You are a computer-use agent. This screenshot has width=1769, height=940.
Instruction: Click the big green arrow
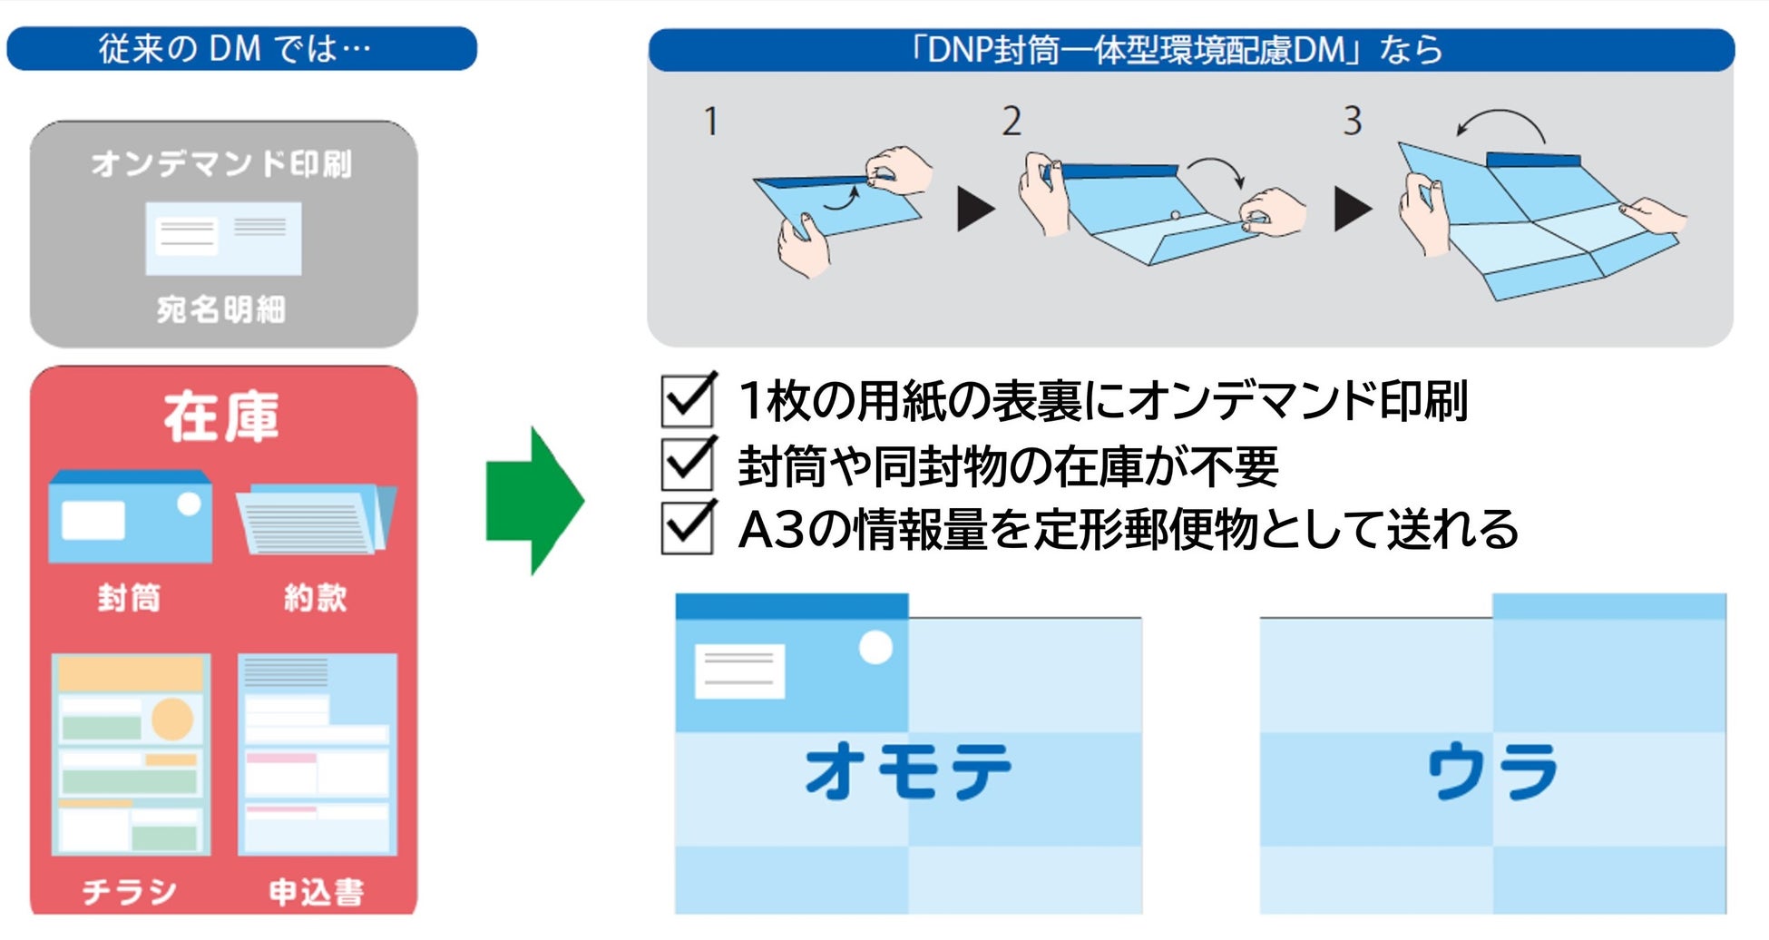(533, 501)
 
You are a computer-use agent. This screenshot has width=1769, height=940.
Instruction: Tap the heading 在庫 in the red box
(222, 417)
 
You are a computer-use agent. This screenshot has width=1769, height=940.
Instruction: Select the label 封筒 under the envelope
(130, 598)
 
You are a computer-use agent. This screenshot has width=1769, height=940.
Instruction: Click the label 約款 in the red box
(316, 598)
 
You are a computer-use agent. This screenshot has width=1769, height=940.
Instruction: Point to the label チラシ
(130, 892)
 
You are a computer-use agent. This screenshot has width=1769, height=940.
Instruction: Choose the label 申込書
(317, 892)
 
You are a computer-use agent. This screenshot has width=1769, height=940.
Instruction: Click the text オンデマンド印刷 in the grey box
(221, 164)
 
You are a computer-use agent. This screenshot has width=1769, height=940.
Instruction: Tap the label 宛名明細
(221, 309)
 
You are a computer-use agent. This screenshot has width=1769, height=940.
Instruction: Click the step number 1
(711, 122)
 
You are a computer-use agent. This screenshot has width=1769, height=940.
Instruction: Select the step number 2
(1012, 122)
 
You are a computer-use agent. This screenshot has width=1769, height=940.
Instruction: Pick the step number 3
(1352, 121)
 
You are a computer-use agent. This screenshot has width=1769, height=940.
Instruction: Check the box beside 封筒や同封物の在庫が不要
(687, 465)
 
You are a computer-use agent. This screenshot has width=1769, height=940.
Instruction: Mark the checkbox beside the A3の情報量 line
(687, 528)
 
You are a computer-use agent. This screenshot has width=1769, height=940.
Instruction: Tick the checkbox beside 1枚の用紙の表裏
(687, 400)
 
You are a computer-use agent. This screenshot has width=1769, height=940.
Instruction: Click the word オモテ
(908, 770)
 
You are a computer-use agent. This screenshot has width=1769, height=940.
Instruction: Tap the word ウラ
(1492, 770)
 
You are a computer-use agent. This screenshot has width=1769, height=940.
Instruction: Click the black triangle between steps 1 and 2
(974, 210)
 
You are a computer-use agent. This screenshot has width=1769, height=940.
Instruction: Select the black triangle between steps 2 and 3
(1353, 210)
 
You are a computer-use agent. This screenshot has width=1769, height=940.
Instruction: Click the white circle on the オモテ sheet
(875, 647)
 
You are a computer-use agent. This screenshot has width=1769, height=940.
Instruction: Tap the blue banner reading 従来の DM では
(241, 48)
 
